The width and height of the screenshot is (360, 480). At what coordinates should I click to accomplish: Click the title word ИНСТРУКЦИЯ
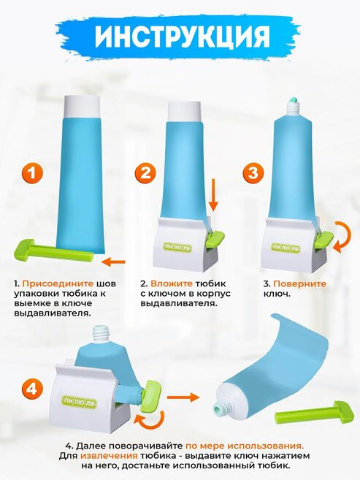coord(183,36)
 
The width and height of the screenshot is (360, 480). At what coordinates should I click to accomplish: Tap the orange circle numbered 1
coord(32,173)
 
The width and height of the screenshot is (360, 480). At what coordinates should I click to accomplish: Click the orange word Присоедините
coord(58,283)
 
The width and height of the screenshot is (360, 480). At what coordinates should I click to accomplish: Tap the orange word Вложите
coord(172,283)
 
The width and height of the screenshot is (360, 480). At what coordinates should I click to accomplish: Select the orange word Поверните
coord(299,283)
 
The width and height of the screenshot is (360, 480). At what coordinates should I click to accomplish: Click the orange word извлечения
coord(109,455)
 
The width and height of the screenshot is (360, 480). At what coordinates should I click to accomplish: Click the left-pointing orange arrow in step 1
coord(113,262)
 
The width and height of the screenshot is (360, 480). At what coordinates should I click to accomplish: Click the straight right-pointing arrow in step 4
coord(183,397)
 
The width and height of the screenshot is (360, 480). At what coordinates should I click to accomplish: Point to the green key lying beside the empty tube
coord(315,412)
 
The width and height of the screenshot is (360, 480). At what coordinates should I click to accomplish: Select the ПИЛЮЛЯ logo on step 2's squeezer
coord(177,246)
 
